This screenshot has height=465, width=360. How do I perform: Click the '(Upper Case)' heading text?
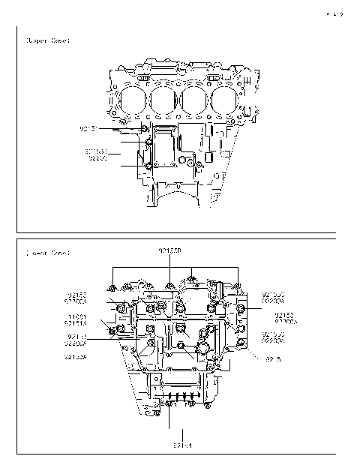pyautogui.click(x=47, y=40)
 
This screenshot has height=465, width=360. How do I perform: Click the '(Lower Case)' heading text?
pyautogui.click(x=47, y=253)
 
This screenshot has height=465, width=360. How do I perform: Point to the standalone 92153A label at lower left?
pyautogui.click(x=76, y=357)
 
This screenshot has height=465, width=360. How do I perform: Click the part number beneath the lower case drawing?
pyautogui.click(x=184, y=445)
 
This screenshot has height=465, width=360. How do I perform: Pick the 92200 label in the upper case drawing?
pyautogui.click(x=98, y=158)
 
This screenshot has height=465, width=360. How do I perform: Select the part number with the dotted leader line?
pyautogui.click(x=271, y=360)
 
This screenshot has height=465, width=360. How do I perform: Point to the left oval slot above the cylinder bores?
pyautogui.click(x=145, y=78)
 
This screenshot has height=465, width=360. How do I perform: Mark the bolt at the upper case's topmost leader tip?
pyautogui.click(x=144, y=129)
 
